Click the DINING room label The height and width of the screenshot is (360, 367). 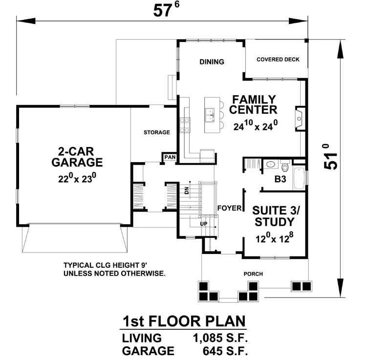[x=212, y=62]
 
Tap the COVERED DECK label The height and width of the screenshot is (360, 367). [x=278, y=60]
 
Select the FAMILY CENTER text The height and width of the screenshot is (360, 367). [x=254, y=104]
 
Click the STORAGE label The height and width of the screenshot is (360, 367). [x=156, y=132]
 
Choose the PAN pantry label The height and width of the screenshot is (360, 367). [x=170, y=157]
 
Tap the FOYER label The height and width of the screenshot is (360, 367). [x=230, y=208]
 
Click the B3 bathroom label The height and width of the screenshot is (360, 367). [x=280, y=180]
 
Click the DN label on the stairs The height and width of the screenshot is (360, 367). [x=186, y=191]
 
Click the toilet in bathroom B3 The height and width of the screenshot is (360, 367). [x=285, y=169]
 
